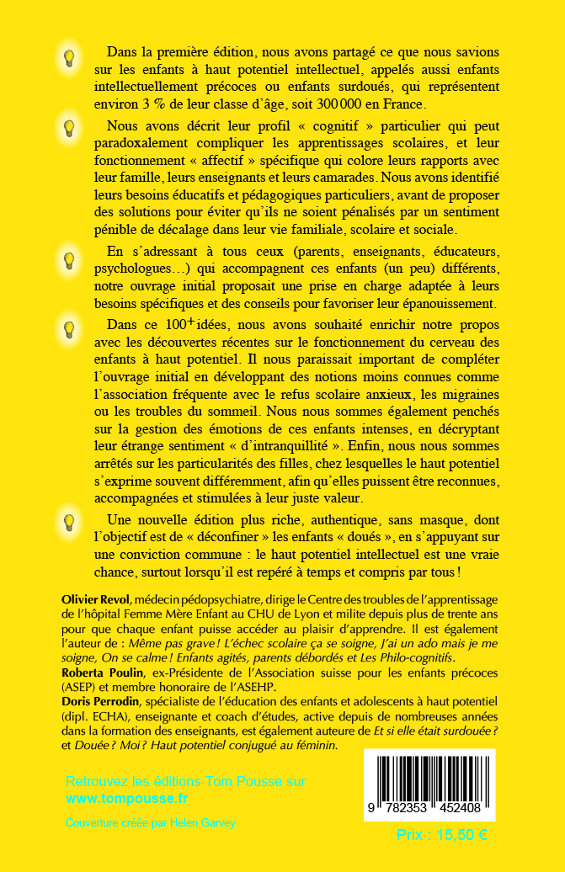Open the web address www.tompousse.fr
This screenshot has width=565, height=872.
point(127,797)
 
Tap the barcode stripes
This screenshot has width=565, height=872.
point(429,779)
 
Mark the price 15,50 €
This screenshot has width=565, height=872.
point(441,835)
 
